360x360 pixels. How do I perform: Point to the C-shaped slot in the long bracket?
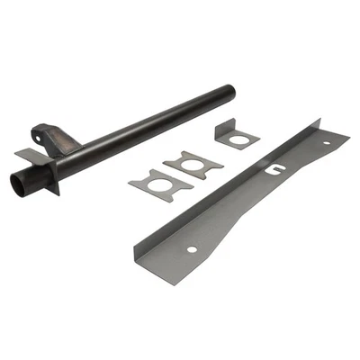click(x=272, y=166)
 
